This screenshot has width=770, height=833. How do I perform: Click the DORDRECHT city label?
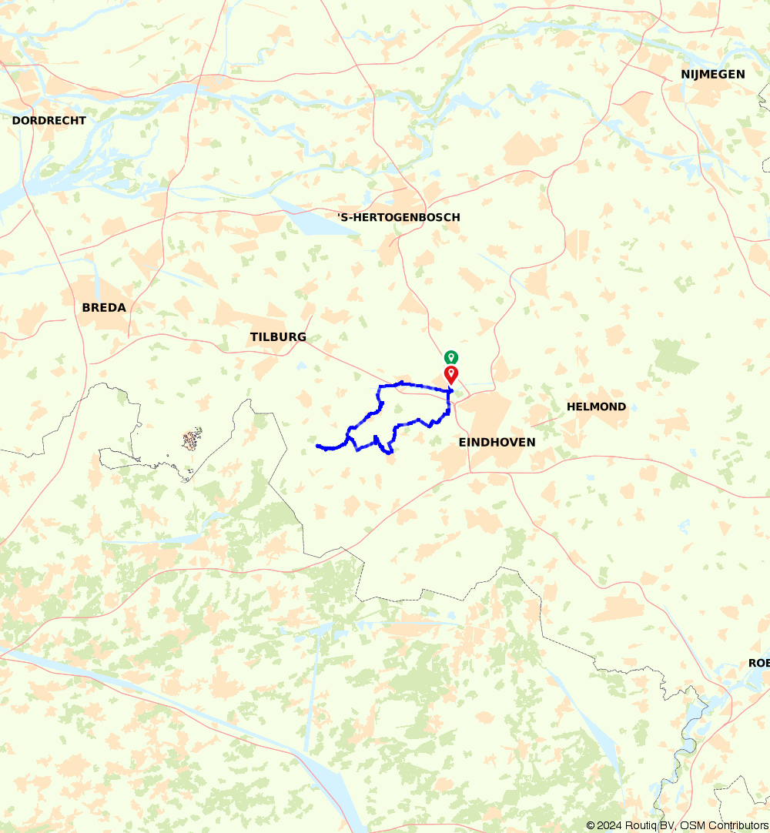(x=49, y=121)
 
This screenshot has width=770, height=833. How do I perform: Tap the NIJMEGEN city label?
(x=713, y=75)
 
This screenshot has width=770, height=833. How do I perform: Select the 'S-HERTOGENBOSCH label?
(x=399, y=218)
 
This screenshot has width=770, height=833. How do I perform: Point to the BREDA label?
(x=104, y=308)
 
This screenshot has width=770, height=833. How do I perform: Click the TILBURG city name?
(x=278, y=337)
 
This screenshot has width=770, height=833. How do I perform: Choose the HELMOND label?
(x=596, y=406)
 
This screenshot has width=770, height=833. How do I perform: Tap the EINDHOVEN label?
(x=497, y=443)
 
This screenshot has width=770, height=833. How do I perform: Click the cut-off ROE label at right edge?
(x=758, y=664)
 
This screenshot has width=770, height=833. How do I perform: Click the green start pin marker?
(x=450, y=357)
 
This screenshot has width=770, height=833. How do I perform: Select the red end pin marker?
(x=451, y=375)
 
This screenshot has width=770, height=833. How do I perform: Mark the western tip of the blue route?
(x=317, y=445)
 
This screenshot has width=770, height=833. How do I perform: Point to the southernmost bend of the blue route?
(x=390, y=453)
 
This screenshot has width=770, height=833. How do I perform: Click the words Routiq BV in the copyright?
(x=648, y=826)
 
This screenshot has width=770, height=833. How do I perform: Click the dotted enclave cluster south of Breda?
(x=192, y=440)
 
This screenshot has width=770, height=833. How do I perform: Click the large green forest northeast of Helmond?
(x=676, y=355)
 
